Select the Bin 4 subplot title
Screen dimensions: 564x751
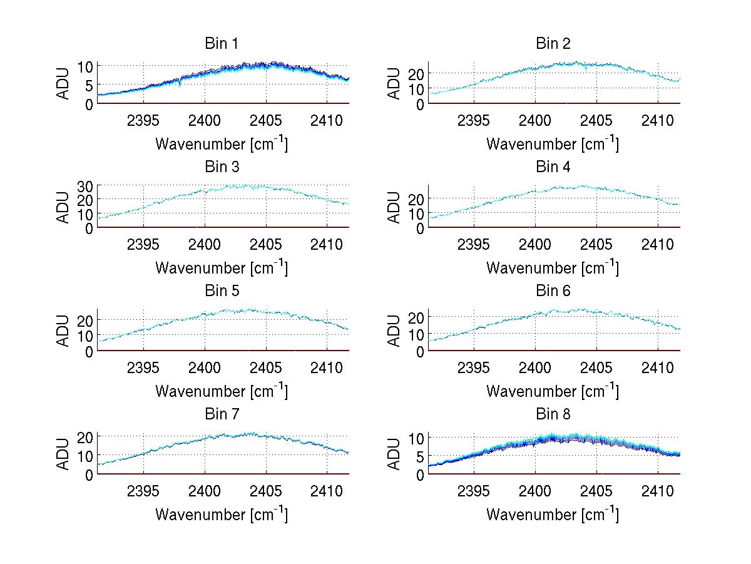click(x=553, y=167)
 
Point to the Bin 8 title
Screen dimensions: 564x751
click(x=553, y=414)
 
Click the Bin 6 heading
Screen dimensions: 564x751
click(x=553, y=291)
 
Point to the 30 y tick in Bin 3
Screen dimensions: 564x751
click(x=85, y=186)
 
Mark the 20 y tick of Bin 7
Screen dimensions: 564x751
click(x=85, y=436)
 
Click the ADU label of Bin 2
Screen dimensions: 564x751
click(x=394, y=84)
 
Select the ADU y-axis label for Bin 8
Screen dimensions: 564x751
click(x=394, y=454)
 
